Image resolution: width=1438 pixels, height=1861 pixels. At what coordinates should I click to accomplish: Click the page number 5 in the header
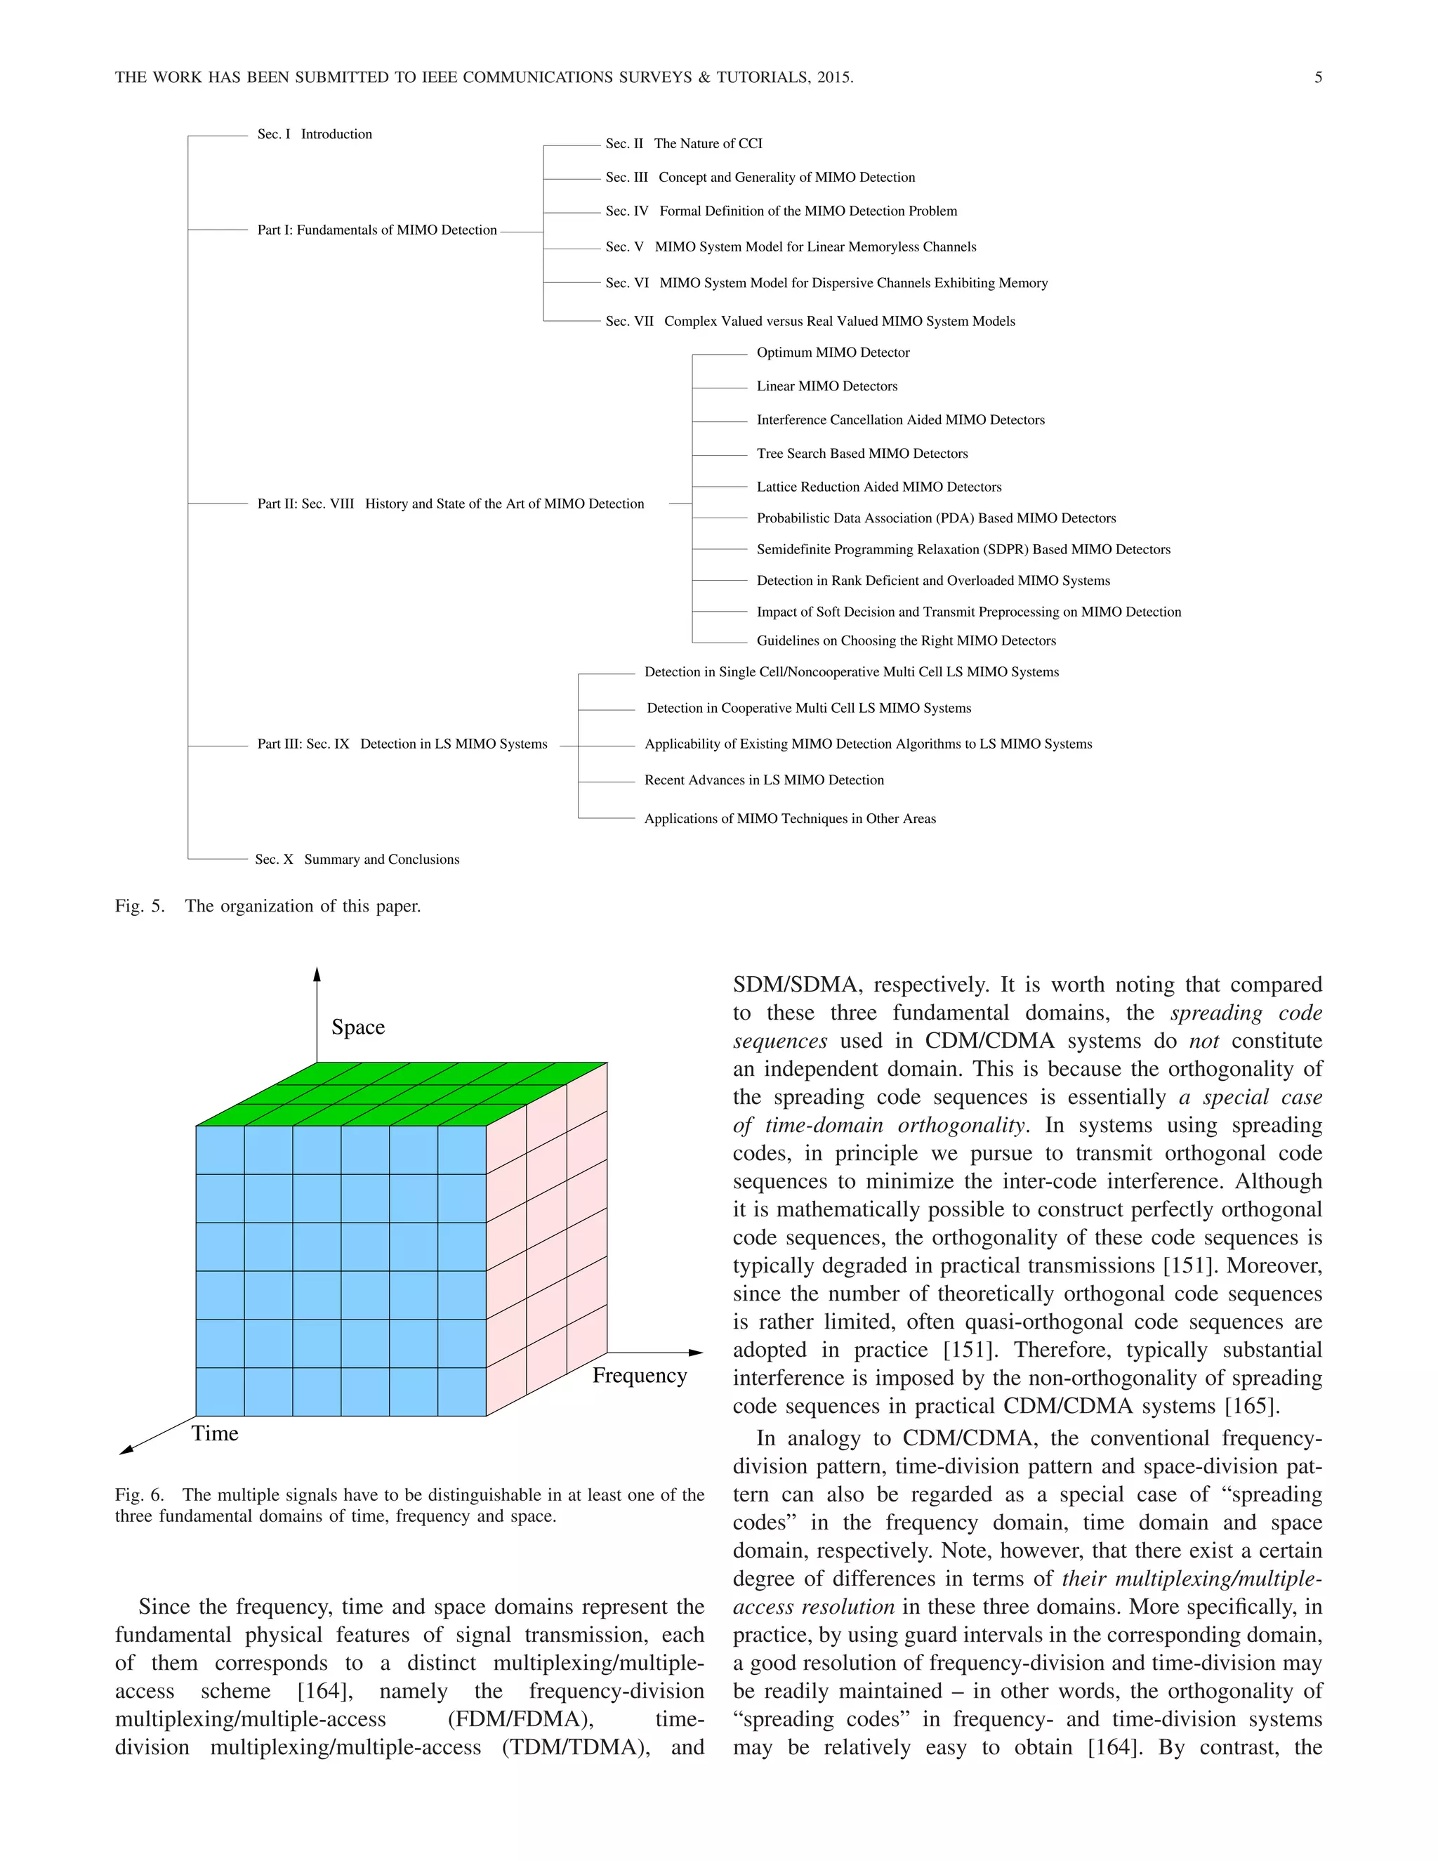pos(1318,77)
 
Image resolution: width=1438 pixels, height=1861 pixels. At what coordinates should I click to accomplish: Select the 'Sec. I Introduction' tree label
pos(315,135)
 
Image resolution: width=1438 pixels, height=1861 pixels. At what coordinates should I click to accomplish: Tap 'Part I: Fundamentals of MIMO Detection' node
pos(376,230)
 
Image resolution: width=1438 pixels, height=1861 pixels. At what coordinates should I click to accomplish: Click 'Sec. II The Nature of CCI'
pos(683,144)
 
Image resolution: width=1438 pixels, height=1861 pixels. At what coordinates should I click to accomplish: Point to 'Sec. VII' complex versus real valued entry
pos(810,321)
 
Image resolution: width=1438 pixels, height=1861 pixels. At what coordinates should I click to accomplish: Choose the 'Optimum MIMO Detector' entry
pos(832,353)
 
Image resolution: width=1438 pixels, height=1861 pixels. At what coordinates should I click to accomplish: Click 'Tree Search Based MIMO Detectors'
pos(862,454)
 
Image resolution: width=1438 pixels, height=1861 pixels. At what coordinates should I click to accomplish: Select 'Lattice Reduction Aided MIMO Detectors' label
pos(878,487)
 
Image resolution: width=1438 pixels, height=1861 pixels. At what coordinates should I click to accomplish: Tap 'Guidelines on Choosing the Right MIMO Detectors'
pos(906,640)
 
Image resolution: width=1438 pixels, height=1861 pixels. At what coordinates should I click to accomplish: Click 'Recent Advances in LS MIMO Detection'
pos(763,780)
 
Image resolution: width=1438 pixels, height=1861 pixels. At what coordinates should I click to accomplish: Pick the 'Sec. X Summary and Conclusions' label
pos(357,859)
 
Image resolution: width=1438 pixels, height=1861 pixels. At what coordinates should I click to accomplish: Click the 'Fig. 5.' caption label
pos(140,906)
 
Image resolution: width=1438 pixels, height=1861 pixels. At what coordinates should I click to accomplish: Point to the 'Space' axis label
pos(358,1027)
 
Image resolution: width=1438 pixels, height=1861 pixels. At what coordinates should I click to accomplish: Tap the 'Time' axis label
pos(215,1433)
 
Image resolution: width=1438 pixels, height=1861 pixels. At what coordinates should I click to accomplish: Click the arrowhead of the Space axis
pos(316,974)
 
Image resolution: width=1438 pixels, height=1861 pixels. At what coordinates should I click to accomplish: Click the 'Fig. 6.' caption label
pos(140,1494)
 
